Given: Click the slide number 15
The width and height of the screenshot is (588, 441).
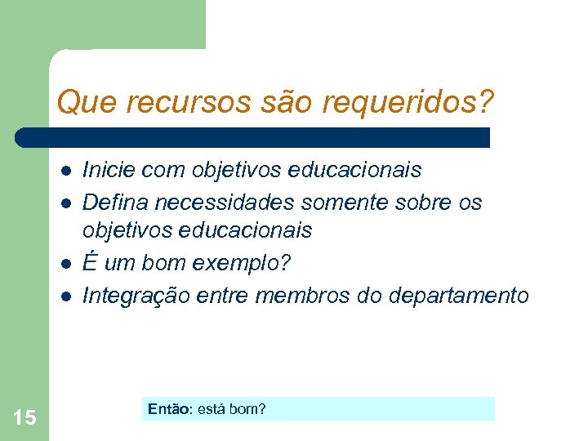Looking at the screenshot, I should (x=24, y=418).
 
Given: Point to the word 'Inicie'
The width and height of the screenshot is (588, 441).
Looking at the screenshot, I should (x=109, y=170).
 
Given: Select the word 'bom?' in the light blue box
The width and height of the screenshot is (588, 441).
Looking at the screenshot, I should (x=248, y=408).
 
